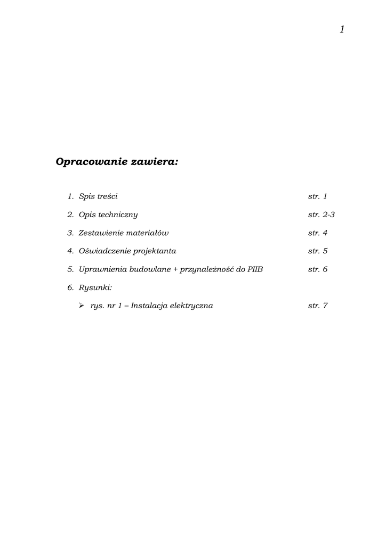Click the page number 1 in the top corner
(342, 29)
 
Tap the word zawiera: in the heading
(155, 161)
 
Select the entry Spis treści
(98, 196)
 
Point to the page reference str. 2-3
(321, 214)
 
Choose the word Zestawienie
(100, 233)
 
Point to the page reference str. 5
(318, 251)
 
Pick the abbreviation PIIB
(255, 269)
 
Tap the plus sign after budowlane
(175, 269)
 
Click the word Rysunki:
(95, 287)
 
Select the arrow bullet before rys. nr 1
(81, 305)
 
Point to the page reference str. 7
(318, 305)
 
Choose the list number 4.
(70, 251)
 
